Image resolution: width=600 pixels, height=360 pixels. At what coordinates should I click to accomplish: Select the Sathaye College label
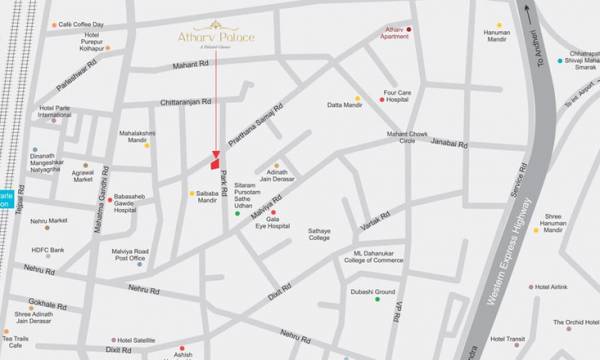pyautogui.click(x=319, y=234)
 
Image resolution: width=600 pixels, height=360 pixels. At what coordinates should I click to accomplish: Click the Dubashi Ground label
pyautogui.click(x=371, y=293)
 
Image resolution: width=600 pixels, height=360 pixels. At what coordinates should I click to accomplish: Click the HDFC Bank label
pyautogui.click(x=46, y=249)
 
